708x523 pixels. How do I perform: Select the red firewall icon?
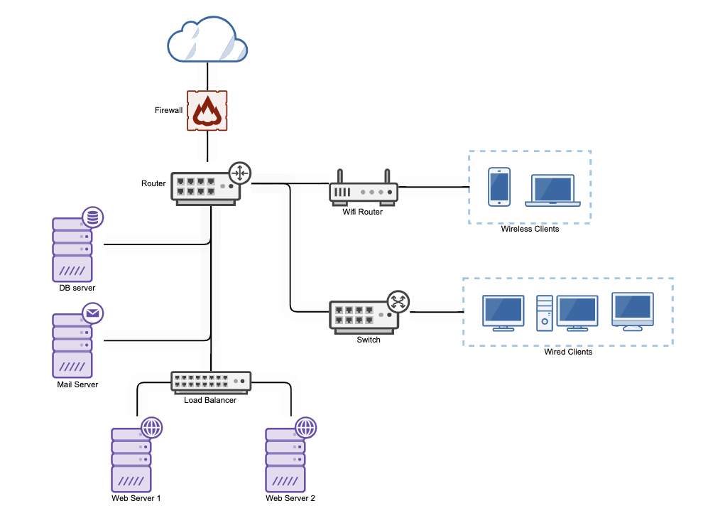pyautogui.click(x=207, y=111)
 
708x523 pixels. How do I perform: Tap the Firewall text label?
pyautogui.click(x=168, y=110)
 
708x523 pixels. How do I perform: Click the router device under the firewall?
pyautogui.click(x=206, y=188)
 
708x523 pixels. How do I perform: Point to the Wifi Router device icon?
pyautogui.click(x=363, y=191)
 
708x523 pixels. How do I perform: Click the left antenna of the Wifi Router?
pyautogui.click(x=340, y=176)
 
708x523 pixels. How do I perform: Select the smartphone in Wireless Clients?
pyautogui.click(x=499, y=187)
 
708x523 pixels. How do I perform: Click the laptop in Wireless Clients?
pyautogui.click(x=553, y=190)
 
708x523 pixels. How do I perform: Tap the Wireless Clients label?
pyautogui.click(x=530, y=229)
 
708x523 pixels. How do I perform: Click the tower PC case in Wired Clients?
pyautogui.click(x=544, y=313)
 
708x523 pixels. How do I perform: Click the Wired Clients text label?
pyautogui.click(x=568, y=352)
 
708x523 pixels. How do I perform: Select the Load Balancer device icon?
pyautogui.click(x=211, y=382)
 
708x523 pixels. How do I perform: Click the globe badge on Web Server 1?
pyautogui.click(x=151, y=427)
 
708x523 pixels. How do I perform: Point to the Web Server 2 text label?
pyautogui.click(x=290, y=498)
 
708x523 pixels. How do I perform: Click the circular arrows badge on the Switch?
pyautogui.click(x=398, y=302)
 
